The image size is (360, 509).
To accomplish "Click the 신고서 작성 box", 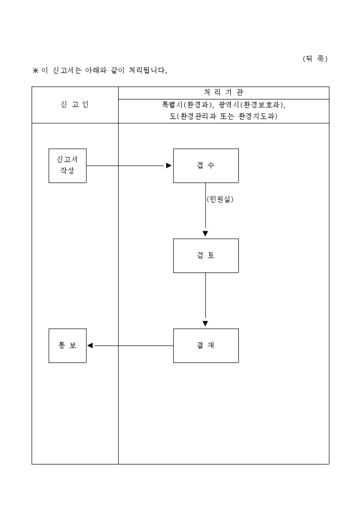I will tap(67, 166).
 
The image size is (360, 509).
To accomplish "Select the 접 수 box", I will tap(205, 166).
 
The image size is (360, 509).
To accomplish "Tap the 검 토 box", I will tap(205, 256).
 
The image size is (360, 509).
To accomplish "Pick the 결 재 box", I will tap(205, 346).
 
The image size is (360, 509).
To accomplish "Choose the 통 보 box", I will tap(67, 346).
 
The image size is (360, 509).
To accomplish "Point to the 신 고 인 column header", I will tap(75, 104).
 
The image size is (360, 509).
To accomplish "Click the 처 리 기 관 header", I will tap(223, 93).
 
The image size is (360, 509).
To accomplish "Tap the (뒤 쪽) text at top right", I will tap(315, 59).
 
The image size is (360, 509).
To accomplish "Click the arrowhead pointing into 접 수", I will tap(169, 166).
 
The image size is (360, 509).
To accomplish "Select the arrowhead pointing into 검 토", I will tap(205, 233).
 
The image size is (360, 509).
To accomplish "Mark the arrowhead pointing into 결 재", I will tap(205, 323).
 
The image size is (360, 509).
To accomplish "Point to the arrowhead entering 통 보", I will tap(91, 346).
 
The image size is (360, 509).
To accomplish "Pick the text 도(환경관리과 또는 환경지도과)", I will tap(223, 116).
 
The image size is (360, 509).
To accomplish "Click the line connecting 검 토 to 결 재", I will tap(205, 296).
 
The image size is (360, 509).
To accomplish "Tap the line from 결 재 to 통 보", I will tap(132, 346).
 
